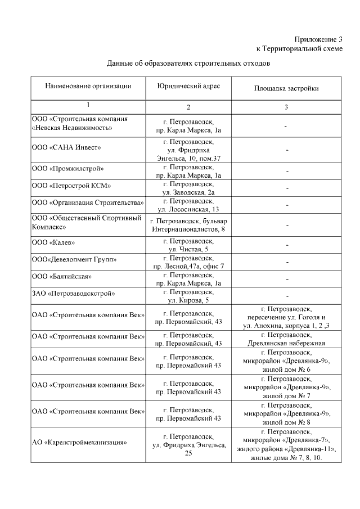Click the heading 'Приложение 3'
[x=318, y=39]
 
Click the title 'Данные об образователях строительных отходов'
[x=188, y=64]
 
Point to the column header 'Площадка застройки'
[x=286, y=88]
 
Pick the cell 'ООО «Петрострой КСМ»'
[x=71, y=186]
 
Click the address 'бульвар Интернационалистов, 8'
[x=188, y=225]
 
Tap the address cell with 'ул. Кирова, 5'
[x=188, y=296]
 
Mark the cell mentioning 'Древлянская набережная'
[x=286, y=339]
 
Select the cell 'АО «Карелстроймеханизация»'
[x=79, y=442]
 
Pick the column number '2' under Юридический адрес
[x=188, y=107]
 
